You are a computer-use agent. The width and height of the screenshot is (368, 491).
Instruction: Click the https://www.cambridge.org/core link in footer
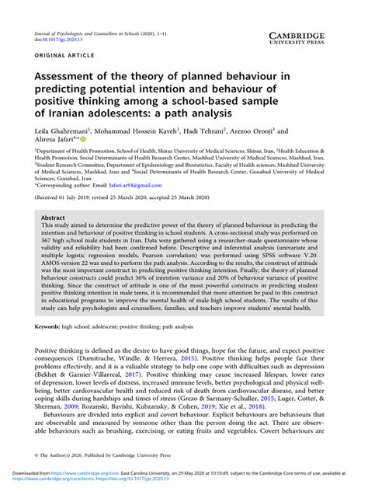click(x=101, y=482)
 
